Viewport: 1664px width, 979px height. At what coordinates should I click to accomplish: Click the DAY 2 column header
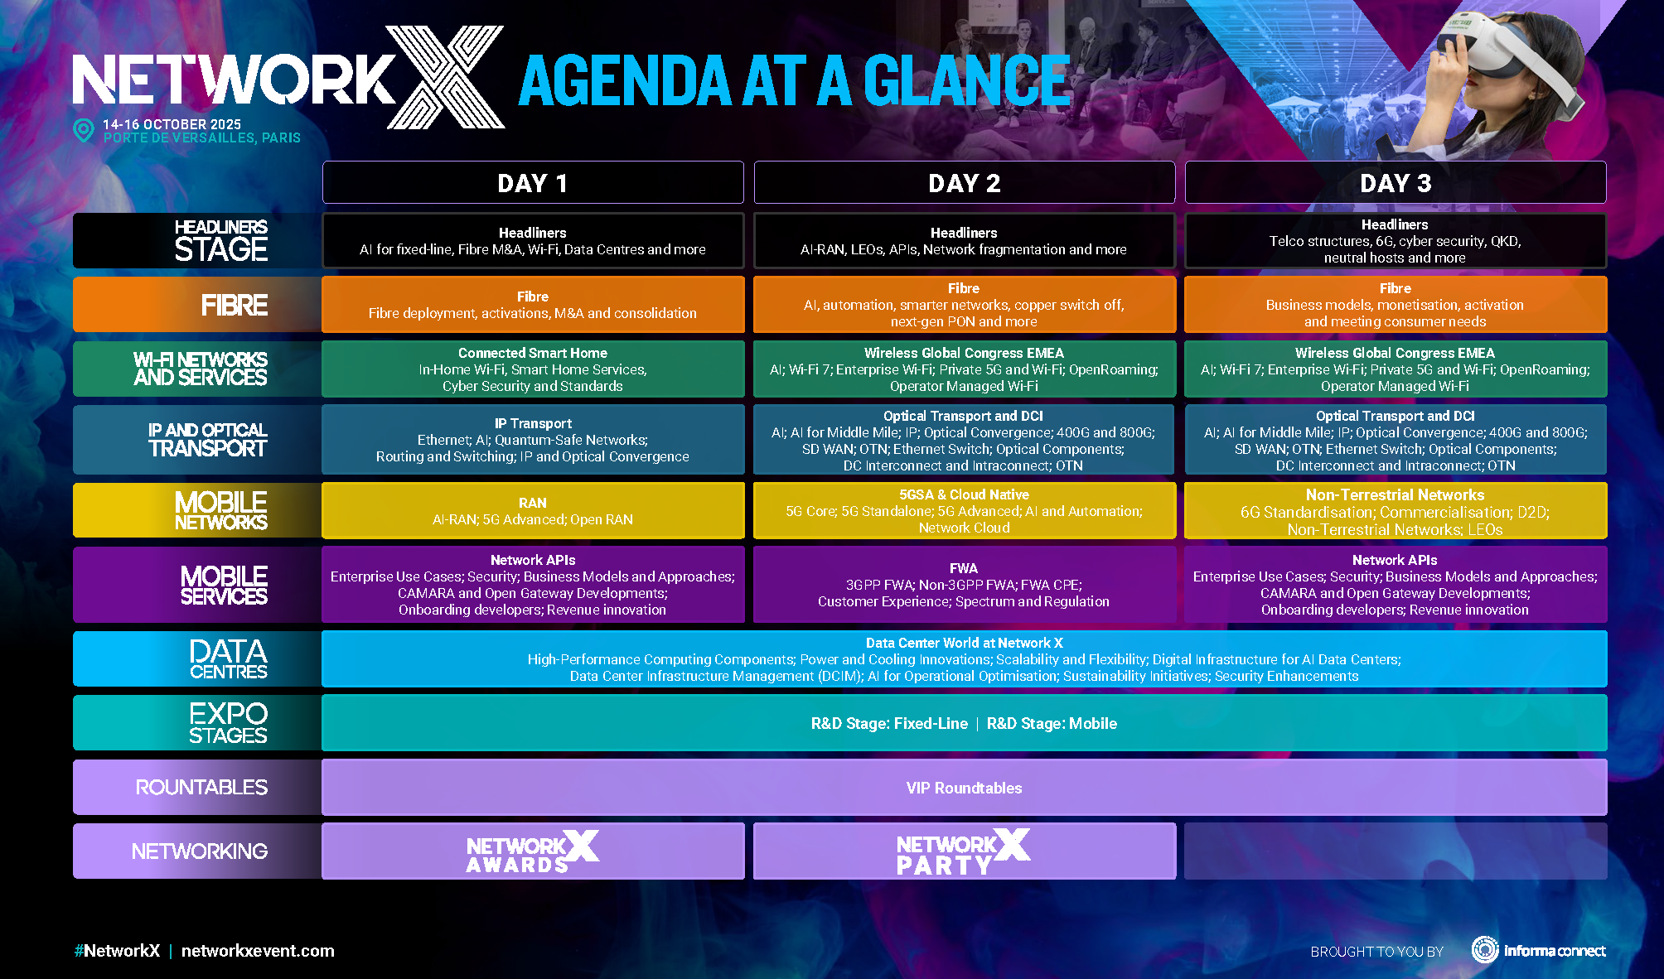(964, 183)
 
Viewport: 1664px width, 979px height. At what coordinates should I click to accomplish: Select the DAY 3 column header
(1396, 183)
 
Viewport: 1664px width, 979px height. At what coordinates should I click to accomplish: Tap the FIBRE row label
(234, 306)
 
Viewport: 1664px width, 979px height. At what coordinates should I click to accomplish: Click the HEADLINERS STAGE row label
(220, 241)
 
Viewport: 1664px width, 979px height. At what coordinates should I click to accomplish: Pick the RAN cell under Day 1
(532, 511)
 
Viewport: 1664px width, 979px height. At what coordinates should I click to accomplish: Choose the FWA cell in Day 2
(964, 585)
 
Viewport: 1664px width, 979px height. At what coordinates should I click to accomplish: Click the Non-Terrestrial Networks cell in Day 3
(1396, 511)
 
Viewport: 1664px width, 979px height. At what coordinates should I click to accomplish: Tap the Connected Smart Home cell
(532, 369)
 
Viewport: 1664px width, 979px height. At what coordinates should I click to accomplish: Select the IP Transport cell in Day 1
(532, 440)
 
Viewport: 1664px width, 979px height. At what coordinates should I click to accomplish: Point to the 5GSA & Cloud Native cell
(964, 511)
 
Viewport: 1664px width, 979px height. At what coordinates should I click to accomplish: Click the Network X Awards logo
(532, 851)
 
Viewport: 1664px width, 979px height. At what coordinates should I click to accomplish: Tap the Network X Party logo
(963, 851)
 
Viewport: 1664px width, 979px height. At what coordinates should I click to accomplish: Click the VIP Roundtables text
(964, 788)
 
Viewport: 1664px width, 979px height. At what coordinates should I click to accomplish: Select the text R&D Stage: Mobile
(1052, 723)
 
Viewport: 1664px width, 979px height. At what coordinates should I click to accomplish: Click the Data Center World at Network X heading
(964, 643)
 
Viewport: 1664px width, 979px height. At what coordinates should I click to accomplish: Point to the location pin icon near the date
(84, 130)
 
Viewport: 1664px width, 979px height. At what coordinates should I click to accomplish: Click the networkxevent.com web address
(258, 951)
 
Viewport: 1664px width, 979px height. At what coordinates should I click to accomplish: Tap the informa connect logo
(1539, 950)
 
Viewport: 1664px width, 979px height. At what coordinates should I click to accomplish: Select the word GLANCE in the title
(967, 81)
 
